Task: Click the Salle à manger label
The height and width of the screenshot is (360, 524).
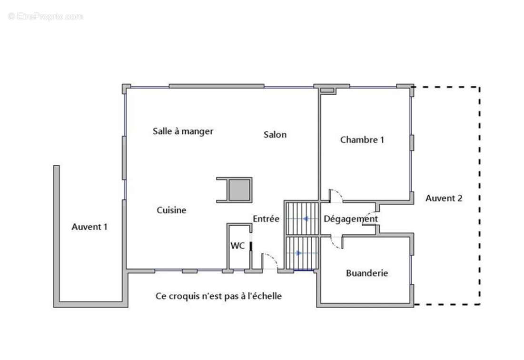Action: point(183,131)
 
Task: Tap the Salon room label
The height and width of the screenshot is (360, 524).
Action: point(275,135)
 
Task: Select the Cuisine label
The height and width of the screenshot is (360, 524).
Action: point(171,210)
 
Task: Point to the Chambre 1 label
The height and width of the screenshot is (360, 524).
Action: point(362,140)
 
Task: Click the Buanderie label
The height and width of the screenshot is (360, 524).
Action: point(366,273)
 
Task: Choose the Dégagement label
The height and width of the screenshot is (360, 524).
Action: point(351,219)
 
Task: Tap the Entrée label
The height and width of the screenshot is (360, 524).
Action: point(266,219)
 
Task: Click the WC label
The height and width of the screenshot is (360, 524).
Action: point(237,246)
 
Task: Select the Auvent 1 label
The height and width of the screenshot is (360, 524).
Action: point(89,227)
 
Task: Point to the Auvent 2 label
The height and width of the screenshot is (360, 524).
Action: point(444,199)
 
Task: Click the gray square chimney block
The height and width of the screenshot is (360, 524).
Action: point(239,190)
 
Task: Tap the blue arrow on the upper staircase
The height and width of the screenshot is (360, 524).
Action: point(306,219)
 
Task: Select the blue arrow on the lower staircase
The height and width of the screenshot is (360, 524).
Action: point(298,253)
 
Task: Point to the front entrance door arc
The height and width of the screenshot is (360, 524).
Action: point(271,260)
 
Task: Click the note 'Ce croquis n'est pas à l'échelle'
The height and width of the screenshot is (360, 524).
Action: point(218,296)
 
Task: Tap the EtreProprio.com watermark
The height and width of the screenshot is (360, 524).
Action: point(45,17)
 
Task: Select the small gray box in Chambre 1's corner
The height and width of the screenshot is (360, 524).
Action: point(327,90)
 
